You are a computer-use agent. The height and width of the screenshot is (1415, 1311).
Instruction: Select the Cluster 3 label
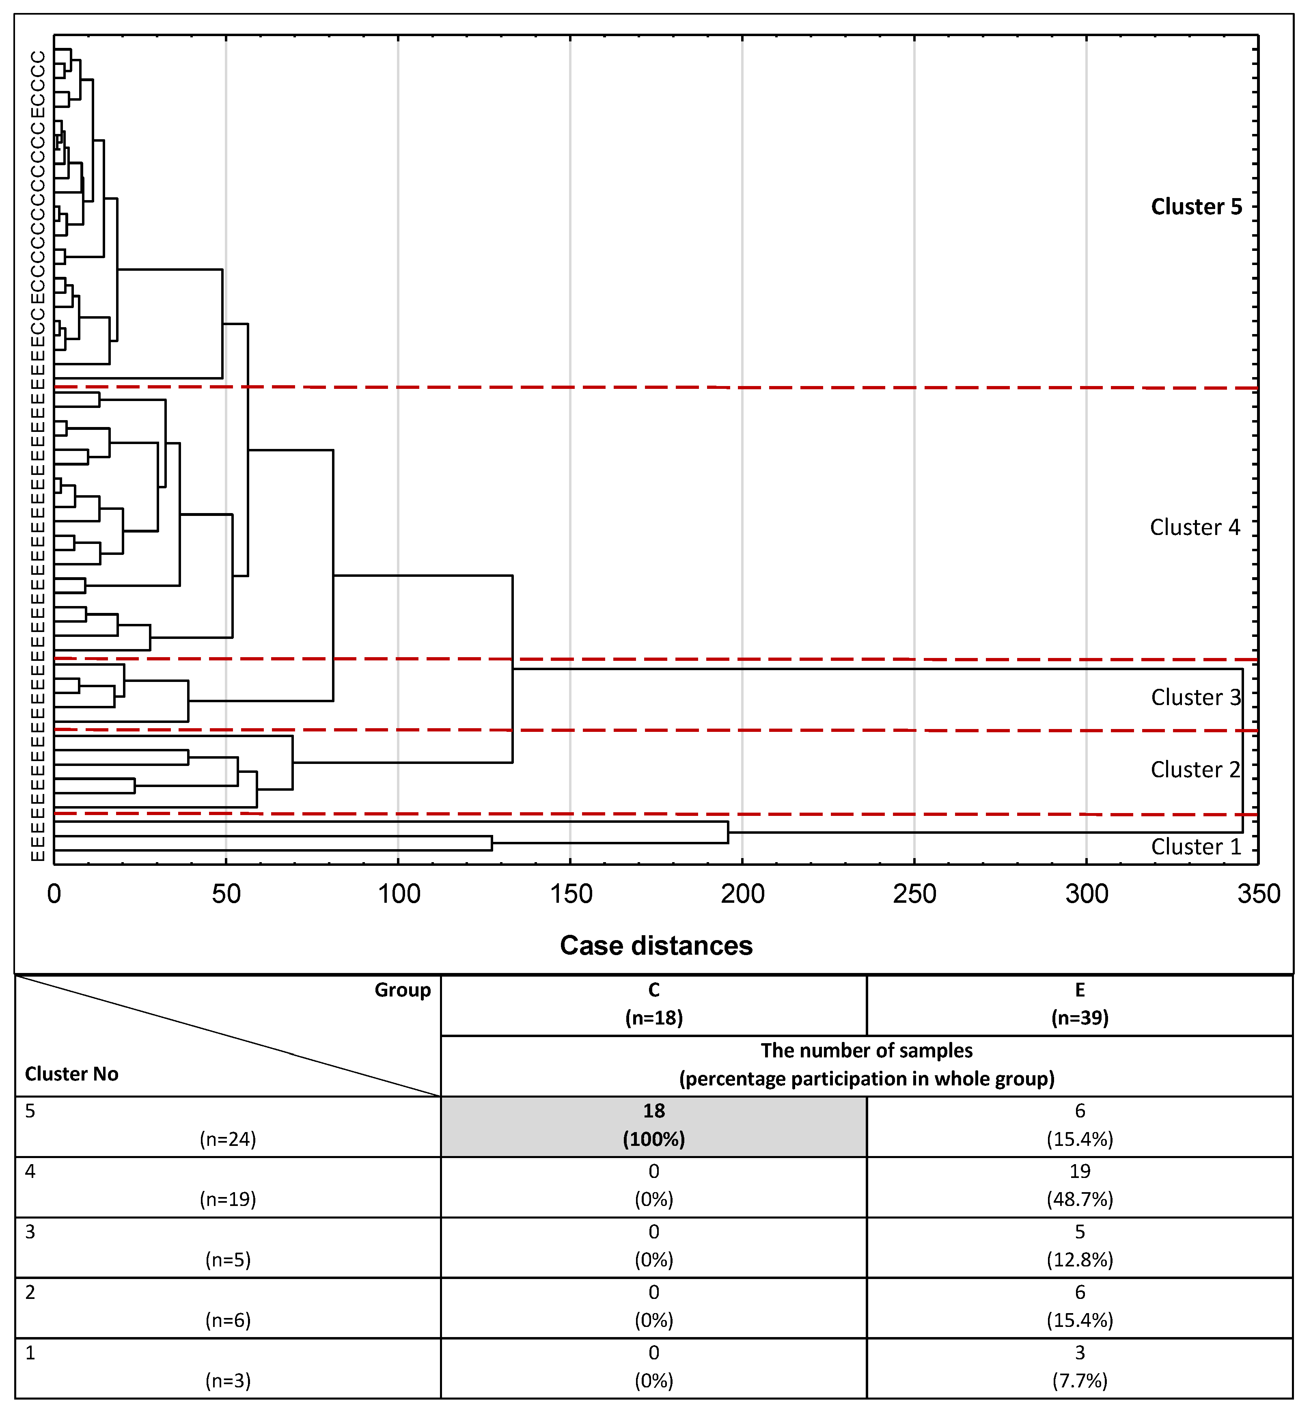[x=1195, y=697]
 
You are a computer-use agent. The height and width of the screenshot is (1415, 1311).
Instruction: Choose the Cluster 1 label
[x=1195, y=847]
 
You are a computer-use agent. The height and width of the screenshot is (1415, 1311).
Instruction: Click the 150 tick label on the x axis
[x=570, y=894]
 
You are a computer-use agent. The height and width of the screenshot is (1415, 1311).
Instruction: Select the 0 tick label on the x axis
[x=54, y=894]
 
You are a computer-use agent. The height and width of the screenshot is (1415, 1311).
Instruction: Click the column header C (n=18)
[x=653, y=1004]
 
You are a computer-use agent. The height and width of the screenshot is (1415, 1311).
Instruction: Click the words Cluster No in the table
[x=72, y=1074]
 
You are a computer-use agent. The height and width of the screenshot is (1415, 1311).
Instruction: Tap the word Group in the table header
[x=402, y=990]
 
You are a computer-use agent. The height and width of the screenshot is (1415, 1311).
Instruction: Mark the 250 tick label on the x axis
[x=914, y=894]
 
